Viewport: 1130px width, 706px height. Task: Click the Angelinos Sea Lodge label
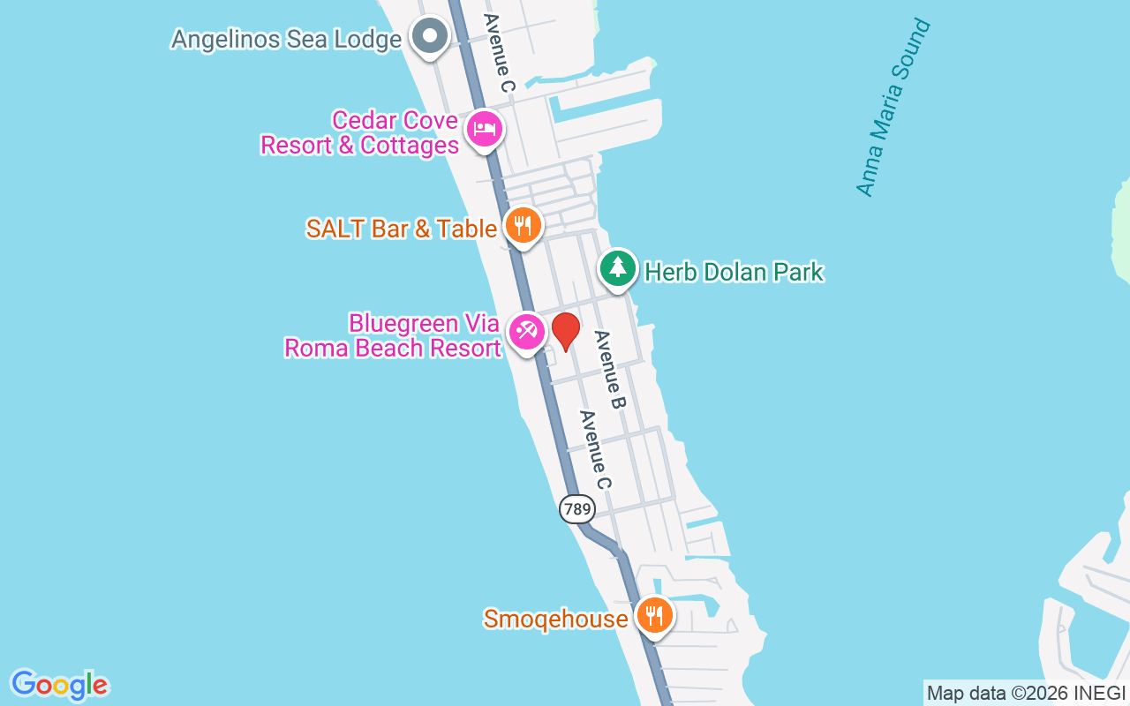tap(286, 39)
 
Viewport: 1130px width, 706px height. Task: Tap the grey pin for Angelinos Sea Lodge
tap(430, 37)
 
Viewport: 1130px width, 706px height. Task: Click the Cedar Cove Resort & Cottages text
tap(360, 132)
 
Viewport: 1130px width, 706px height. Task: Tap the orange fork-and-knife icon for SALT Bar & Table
tap(523, 227)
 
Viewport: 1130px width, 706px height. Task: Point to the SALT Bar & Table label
tap(402, 229)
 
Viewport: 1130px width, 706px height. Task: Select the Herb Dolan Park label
tap(734, 272)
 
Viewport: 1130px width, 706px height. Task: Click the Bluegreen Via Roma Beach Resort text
tap(393, 335)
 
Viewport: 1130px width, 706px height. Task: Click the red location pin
tap(565, 331)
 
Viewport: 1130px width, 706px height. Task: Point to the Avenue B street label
tap(610, 369)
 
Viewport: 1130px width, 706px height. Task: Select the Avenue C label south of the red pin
tap(595, 450)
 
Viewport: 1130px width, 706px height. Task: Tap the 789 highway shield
tap(576, 508)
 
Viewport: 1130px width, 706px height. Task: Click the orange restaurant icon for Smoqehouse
tap(653, 616)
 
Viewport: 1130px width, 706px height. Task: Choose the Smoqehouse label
tap(555, 620)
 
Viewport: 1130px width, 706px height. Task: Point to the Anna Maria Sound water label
tap(893, 107)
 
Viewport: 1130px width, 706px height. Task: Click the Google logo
tap(60, 685)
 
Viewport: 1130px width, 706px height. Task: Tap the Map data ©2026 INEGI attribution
tap(1027, 694)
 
